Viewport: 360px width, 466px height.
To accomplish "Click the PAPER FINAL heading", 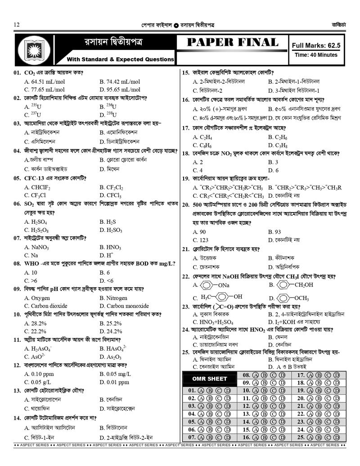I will pos(232,43).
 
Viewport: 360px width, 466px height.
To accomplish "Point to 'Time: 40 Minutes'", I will pos(316,55).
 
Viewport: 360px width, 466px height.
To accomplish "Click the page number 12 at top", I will pos(17,24).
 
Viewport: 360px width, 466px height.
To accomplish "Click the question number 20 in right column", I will pos(185,205).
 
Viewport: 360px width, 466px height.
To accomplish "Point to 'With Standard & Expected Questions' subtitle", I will pos(120,59).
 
